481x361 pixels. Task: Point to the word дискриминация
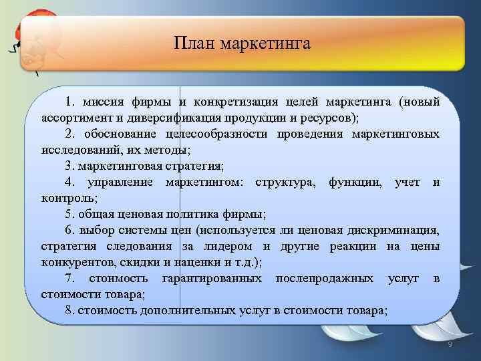[x=393, y=231]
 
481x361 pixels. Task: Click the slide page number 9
[x=450, y=344]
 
